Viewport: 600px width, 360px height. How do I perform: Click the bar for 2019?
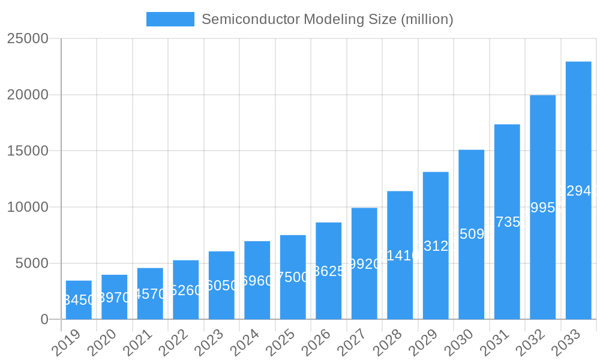point(79,300)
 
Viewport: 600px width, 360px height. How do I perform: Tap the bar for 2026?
point(329,271)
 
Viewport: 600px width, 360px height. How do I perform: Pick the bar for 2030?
point(472,235)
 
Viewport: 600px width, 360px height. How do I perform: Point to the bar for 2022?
point(186,290)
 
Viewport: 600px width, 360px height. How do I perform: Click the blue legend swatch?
point(170,19)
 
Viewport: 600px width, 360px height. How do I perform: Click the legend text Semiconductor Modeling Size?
point(327,19)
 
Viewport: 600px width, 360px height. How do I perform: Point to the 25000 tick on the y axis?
point(28,38)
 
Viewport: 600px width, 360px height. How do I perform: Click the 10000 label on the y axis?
point(28,207)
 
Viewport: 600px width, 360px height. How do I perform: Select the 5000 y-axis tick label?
point(31,263)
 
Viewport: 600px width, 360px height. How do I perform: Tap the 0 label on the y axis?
point(44,320)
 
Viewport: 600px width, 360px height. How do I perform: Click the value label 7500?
point(293,277)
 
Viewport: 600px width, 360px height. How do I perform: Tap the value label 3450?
point(79,300)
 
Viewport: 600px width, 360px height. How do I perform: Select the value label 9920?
point(364,264)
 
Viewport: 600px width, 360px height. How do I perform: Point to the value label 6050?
point(221,286)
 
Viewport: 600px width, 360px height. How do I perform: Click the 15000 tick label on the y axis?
point(28,151)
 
